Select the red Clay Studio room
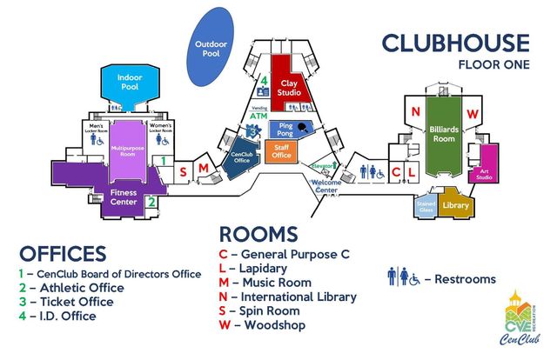(x=287, y=85)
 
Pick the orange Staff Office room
(x=281, y=152)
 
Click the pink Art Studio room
(x=484, y=175)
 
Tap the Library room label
(x=455, y=205)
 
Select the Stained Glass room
(x=425, y=205)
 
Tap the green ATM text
(x=258, y=115)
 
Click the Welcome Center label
(x=325, y=185)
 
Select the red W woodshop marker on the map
(x=473, y=112)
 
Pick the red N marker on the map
(x=416, y=112)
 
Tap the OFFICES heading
(x=62, y=255)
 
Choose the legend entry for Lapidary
(x=258, y=269)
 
